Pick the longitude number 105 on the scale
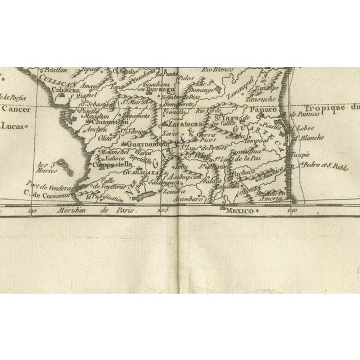[x=163, y=210]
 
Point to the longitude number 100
[x=292, y=210]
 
